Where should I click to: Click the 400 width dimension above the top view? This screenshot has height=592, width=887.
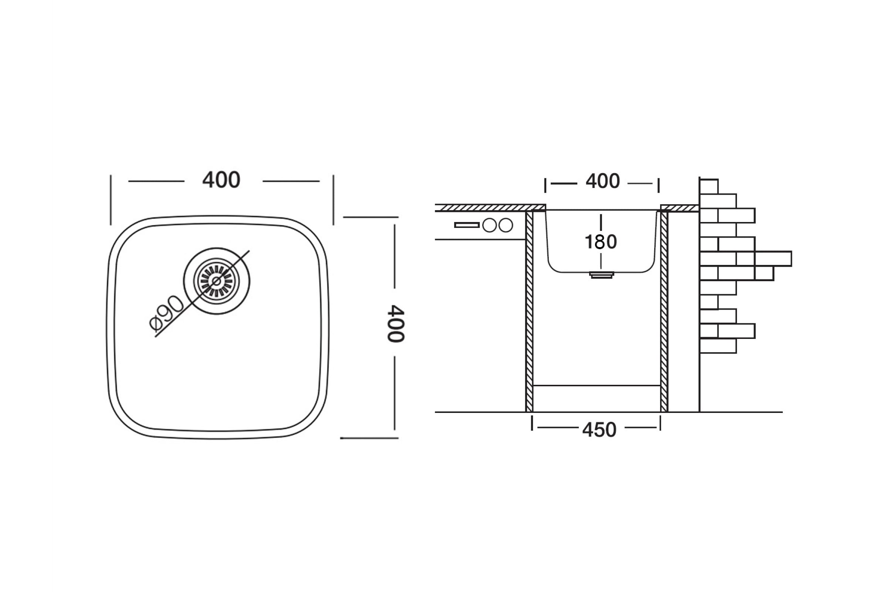pos(221,180)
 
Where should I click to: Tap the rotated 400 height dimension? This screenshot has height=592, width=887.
pos(395,323)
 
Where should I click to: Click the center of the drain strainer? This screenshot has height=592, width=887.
pos(217,281)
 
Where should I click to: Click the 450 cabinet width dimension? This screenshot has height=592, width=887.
pos(599,430)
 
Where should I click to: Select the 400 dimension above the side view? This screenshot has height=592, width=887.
pos(602,182)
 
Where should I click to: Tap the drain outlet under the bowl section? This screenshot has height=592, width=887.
pos(602,275)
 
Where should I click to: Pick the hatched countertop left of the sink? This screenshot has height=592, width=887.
pos(490,208)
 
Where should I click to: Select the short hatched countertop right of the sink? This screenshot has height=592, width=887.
pos(679,208)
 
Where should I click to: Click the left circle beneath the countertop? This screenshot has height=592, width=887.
pos(489,225)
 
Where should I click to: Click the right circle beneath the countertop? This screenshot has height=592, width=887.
pos(506,225)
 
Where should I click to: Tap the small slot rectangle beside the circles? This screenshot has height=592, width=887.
pos(467,225)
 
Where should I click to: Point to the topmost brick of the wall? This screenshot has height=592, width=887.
pos(709,186)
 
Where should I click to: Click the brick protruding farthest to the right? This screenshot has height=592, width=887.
pos(773,259)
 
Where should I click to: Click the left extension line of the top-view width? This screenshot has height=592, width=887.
pos(111,200)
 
